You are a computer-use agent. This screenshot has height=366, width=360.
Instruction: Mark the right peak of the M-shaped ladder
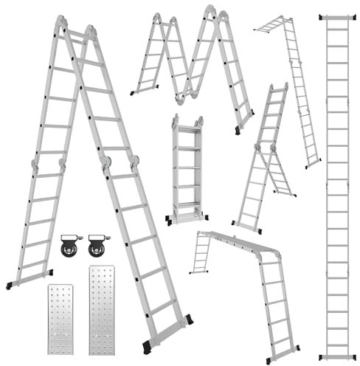212,13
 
